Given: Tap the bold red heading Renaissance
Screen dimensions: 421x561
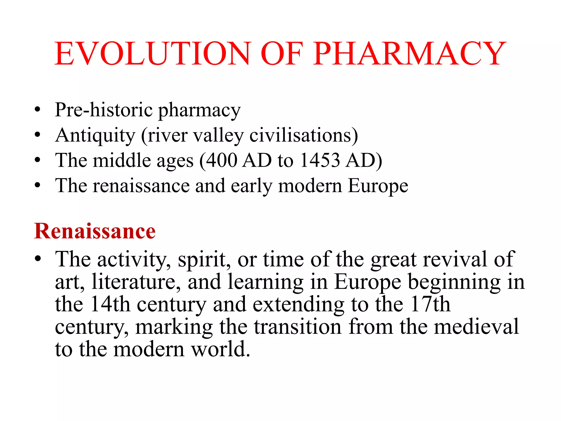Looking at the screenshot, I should [95, 231].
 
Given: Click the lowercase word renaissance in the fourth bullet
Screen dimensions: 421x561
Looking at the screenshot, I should [141, 186].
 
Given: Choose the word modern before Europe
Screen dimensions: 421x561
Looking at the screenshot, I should [310, 186].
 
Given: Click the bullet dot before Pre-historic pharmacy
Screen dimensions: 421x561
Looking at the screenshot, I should [38, 110].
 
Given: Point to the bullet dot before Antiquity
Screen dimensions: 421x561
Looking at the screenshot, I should [38, 135].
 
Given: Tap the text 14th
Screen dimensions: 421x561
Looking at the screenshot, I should [110, 304].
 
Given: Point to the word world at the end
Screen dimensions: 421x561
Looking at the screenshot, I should [220, 349].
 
